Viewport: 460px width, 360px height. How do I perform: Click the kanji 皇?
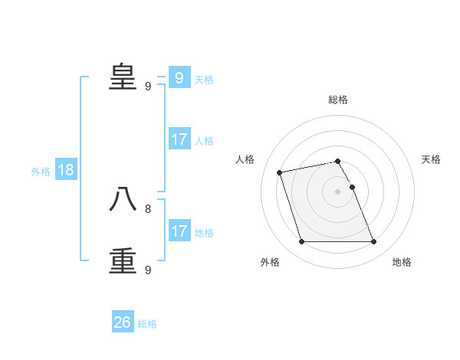123,77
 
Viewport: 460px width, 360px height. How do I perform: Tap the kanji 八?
123,199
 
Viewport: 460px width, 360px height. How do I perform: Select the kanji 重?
123,260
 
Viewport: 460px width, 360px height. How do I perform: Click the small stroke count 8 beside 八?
148,208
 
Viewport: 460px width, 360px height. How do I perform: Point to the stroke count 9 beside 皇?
148,87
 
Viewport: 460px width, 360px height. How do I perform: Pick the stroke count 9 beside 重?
148,270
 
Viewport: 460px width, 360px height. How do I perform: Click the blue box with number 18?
66,170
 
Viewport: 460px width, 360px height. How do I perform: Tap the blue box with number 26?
123,322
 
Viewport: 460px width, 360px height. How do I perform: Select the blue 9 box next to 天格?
179,78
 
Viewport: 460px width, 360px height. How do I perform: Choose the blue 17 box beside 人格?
179,139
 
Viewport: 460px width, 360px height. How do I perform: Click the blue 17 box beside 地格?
179,231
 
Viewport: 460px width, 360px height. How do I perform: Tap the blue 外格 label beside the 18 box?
41,172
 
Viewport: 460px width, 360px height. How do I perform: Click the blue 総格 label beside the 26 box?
147,324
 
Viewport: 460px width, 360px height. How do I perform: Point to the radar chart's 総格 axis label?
338,100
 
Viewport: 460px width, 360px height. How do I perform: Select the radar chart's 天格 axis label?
431,159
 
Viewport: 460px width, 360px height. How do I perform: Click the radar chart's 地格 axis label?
402,262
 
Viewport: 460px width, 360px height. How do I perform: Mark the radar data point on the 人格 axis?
280,172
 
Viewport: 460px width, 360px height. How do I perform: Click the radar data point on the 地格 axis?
373,242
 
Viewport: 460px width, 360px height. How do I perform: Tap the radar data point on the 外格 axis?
301,242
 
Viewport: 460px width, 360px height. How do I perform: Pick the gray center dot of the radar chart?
338,191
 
